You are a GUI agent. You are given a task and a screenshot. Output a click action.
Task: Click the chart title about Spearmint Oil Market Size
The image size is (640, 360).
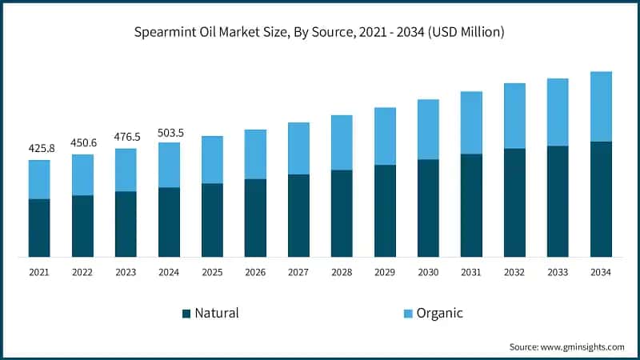320,33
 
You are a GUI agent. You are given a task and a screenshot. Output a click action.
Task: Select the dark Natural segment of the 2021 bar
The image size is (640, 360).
39,228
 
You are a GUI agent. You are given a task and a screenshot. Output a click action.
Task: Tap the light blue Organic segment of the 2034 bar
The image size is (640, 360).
601,106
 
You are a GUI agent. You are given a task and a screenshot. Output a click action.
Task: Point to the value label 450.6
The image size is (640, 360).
82,143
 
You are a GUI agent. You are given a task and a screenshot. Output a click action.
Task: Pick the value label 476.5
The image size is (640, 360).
126,138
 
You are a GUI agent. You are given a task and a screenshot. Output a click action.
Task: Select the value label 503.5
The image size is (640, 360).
169,132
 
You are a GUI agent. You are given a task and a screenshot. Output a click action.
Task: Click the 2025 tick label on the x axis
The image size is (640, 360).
212,272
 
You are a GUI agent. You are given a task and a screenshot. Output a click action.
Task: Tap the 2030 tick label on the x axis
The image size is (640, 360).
428,272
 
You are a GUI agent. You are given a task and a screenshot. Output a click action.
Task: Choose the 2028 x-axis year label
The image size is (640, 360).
342,272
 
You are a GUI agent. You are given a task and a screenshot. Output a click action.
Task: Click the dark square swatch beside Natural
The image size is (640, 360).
187,313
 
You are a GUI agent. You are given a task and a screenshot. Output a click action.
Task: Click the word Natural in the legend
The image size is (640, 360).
217,313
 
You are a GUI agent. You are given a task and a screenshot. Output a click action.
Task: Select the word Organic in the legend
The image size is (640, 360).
439,313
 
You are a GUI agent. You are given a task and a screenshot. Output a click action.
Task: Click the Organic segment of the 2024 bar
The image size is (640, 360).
169,165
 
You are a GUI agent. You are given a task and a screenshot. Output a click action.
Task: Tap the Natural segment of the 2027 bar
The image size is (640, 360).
298,215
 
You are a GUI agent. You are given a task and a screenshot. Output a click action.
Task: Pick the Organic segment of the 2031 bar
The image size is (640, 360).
471,122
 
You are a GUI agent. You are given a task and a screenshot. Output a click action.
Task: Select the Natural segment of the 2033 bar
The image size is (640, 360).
558,201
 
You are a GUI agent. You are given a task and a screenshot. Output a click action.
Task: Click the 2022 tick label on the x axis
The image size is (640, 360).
82,272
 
